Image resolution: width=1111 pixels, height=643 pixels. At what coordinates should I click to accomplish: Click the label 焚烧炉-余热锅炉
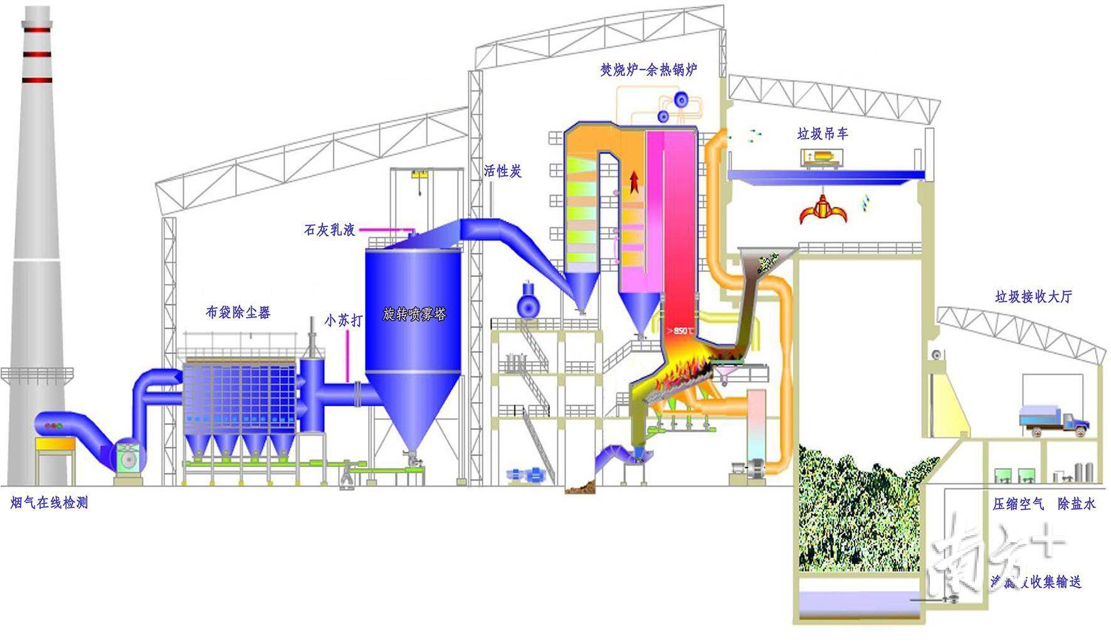pos(648,70)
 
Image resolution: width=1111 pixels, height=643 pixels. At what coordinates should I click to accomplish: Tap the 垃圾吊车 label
pos(823,133)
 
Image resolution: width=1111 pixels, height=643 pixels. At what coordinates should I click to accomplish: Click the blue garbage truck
pos(1053,421)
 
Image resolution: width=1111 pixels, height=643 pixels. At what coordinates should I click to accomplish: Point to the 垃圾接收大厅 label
pos(1033,296)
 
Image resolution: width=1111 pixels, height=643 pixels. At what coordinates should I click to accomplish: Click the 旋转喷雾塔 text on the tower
pos(414,314)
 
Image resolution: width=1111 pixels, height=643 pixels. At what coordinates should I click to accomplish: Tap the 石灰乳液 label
pos(330,230)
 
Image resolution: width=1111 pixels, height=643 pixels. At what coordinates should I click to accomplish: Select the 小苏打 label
pos(344,320)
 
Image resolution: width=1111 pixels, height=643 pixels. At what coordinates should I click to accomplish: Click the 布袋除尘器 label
pos(238,312)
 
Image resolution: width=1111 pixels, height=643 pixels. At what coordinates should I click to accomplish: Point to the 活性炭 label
pos(503,171)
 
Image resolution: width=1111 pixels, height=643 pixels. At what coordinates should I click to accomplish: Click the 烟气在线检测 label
pos(50,503)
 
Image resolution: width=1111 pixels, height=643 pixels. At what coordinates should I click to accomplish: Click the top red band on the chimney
pos(36,29)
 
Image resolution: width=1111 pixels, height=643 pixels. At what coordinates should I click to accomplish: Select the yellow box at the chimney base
pos(55,444)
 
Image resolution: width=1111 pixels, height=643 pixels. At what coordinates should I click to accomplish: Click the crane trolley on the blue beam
pos(823,159)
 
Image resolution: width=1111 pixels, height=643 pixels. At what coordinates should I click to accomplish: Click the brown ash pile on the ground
pos(580,486)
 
